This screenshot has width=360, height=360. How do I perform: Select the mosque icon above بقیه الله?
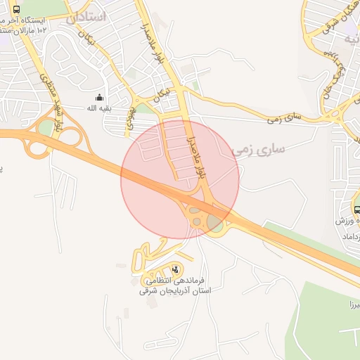click(99, 97)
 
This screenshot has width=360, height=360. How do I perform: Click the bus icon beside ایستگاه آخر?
click(16, 10)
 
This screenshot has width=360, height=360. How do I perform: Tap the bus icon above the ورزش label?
click(356, 209)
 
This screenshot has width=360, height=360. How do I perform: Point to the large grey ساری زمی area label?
click(259, 149)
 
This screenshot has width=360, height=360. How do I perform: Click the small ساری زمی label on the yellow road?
click(284, 117)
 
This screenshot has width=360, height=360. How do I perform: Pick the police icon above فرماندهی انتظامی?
click(175, 269)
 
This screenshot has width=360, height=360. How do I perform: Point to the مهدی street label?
click(131, 120)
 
